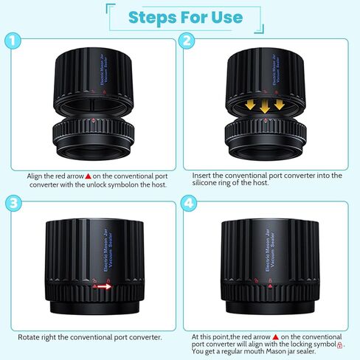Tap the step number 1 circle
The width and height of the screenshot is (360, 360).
tap(13, 41)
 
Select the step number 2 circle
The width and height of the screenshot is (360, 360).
tap(187, 41)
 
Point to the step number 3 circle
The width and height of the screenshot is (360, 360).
tap(13, 203)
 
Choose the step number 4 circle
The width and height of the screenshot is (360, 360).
tap(189, 203)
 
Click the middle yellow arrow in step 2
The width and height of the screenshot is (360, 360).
tap(265, 106)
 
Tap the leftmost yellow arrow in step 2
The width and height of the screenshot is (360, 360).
tap(250, 104)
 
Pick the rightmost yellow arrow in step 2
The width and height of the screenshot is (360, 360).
tap(280, 104)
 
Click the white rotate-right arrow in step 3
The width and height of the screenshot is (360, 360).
tap(104, 286)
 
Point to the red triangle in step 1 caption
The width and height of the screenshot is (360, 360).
tap(89, 176)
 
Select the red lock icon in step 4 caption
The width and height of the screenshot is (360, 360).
tap(339, 345)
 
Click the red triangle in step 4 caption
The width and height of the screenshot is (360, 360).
tap(276, 337)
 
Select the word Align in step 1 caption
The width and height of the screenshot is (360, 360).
tap(34, 176)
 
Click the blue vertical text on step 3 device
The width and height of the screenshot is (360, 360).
tap(108, 250)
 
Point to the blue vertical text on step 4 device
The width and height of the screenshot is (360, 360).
tap(269, 250)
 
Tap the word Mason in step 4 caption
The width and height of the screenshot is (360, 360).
tap(278, 351)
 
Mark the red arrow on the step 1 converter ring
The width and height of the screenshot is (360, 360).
tap(93, 120)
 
